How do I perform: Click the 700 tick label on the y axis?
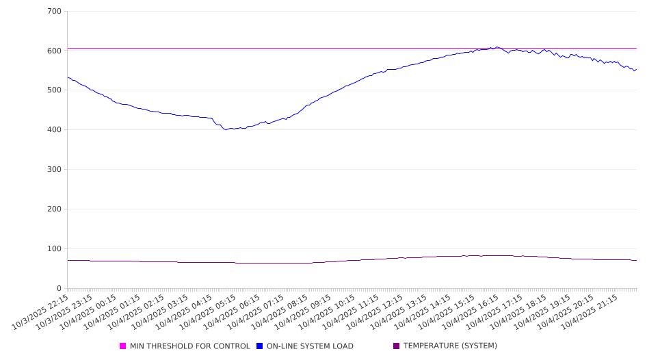tap(55, 12)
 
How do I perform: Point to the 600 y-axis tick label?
tap(55, 51)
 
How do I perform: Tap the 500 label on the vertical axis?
tap(55, 90)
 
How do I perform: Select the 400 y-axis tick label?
tap(55, 130)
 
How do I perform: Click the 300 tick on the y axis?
tap(55, 170)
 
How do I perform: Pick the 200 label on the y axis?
tap(55, 209)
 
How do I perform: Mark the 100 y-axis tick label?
tap(55, 249)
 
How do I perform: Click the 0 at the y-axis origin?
tap(60, 289)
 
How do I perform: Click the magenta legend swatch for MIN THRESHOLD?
tap(123, 346)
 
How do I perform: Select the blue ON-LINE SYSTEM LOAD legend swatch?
tap(260, 346)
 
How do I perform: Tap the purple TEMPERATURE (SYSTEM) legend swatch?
tap(397, 346)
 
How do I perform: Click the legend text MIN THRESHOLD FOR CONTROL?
tap(189, 346)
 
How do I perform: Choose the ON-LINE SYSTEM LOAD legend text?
tap(310, 346)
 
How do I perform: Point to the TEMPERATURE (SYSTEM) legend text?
tap(450, 346)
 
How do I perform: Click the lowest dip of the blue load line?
tap(225, 129)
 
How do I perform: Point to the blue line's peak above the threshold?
tap(497, 47)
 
